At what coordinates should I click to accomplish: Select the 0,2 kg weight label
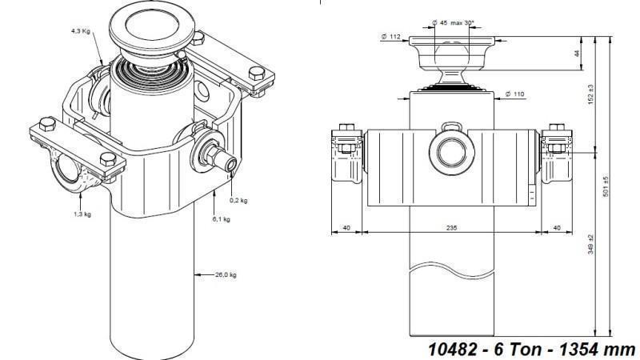tap(238, 200)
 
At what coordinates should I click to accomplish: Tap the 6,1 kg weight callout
tap(221, 218)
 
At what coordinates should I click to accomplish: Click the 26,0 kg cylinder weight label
tap(226, 274)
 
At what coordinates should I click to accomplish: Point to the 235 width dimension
tap(452, 227)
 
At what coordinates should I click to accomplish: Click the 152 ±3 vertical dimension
tap(613, 94)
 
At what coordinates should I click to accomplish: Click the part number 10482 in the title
tap(449, 349)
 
